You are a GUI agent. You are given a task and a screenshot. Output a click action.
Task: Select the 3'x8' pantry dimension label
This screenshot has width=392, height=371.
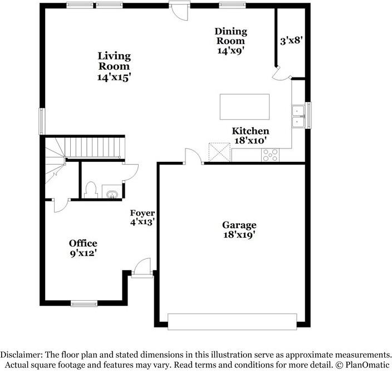click(291, 40)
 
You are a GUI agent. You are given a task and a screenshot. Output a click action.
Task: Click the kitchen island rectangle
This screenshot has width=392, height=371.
click(244, 107)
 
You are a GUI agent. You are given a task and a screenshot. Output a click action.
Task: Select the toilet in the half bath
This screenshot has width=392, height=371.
click(91, 190)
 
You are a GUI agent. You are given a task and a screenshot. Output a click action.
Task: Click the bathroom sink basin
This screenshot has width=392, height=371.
click(112, 194)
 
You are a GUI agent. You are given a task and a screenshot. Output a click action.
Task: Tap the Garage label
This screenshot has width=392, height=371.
click(239, 225)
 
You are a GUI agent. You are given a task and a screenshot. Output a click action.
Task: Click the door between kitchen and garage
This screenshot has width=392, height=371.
click(193, 156)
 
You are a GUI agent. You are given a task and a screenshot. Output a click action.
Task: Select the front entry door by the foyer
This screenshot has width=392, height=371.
click(143, 267)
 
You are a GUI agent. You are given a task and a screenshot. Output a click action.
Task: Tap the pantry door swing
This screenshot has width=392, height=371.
click(280, 73)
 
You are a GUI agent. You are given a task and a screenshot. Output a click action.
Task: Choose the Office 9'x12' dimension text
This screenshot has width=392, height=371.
click(83, 253)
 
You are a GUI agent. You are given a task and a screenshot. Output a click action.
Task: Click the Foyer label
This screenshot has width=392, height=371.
click(142, 213)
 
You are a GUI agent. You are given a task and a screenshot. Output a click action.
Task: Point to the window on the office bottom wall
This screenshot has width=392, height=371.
click(84, 304)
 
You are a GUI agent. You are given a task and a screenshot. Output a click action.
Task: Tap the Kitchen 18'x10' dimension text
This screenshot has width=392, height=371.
click(251, 141)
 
